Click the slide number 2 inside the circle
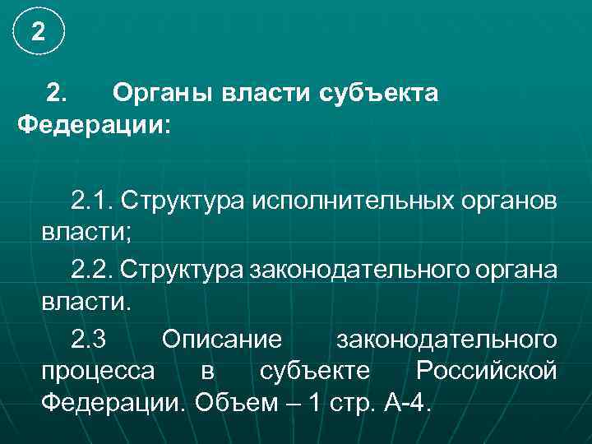[x=38, y=33]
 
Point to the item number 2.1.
[x=95, y=201]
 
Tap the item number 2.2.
[x=95, y=270]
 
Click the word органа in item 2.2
[x=516, y=270]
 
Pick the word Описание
[x=222, y=338]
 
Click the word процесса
[x=97, y=371]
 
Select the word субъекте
[x=315, y=371]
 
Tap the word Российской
[x=487, y=371]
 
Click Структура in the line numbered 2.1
[x=185, y=201]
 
